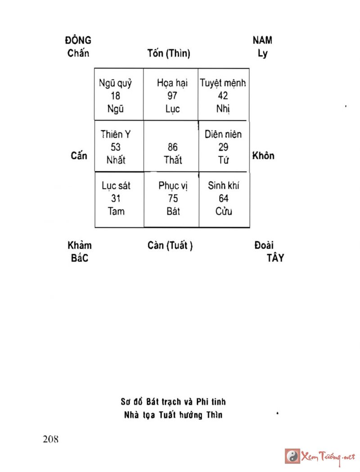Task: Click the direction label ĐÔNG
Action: (x=78, y=40)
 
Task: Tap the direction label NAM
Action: (x=262, y=40)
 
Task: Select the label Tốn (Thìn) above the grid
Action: (x=169, y=54)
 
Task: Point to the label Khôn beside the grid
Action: (x=263, y=156)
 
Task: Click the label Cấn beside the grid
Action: (x=79, y=156)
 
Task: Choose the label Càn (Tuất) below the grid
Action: (x=170, y=245)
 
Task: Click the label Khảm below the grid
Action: (x=80, y=245)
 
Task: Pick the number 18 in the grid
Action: (x=115, y=96)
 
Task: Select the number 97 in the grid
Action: (x=171, y=96)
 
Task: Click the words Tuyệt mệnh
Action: (x=223, y=83)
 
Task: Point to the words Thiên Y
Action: (x=116, y=134)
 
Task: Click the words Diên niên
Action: (x=223, y=134)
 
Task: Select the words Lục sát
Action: (x=115, y=186)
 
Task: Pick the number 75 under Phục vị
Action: (x=172, y=199)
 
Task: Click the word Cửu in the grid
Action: (x=224, y=211)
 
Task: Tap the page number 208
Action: (x=51, y=440)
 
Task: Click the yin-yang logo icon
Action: (x=293, y=456)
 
